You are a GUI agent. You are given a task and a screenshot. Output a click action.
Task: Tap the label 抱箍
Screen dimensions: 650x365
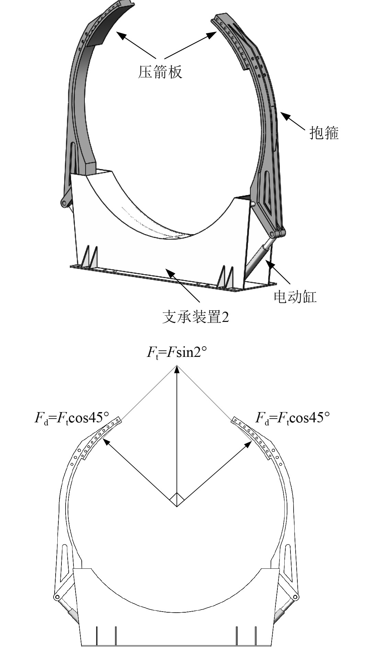click(324, 133)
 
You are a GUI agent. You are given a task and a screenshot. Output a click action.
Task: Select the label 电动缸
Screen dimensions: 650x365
click(295, 297)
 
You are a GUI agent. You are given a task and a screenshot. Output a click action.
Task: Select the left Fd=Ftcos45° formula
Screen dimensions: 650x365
click(71, 418)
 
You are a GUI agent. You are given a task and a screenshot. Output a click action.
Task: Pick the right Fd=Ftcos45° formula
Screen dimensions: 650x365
click(293, 418)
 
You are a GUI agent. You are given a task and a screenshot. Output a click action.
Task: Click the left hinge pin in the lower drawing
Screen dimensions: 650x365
click(56, 597)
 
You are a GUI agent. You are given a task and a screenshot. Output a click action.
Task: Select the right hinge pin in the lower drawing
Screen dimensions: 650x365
click(296, 597)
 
